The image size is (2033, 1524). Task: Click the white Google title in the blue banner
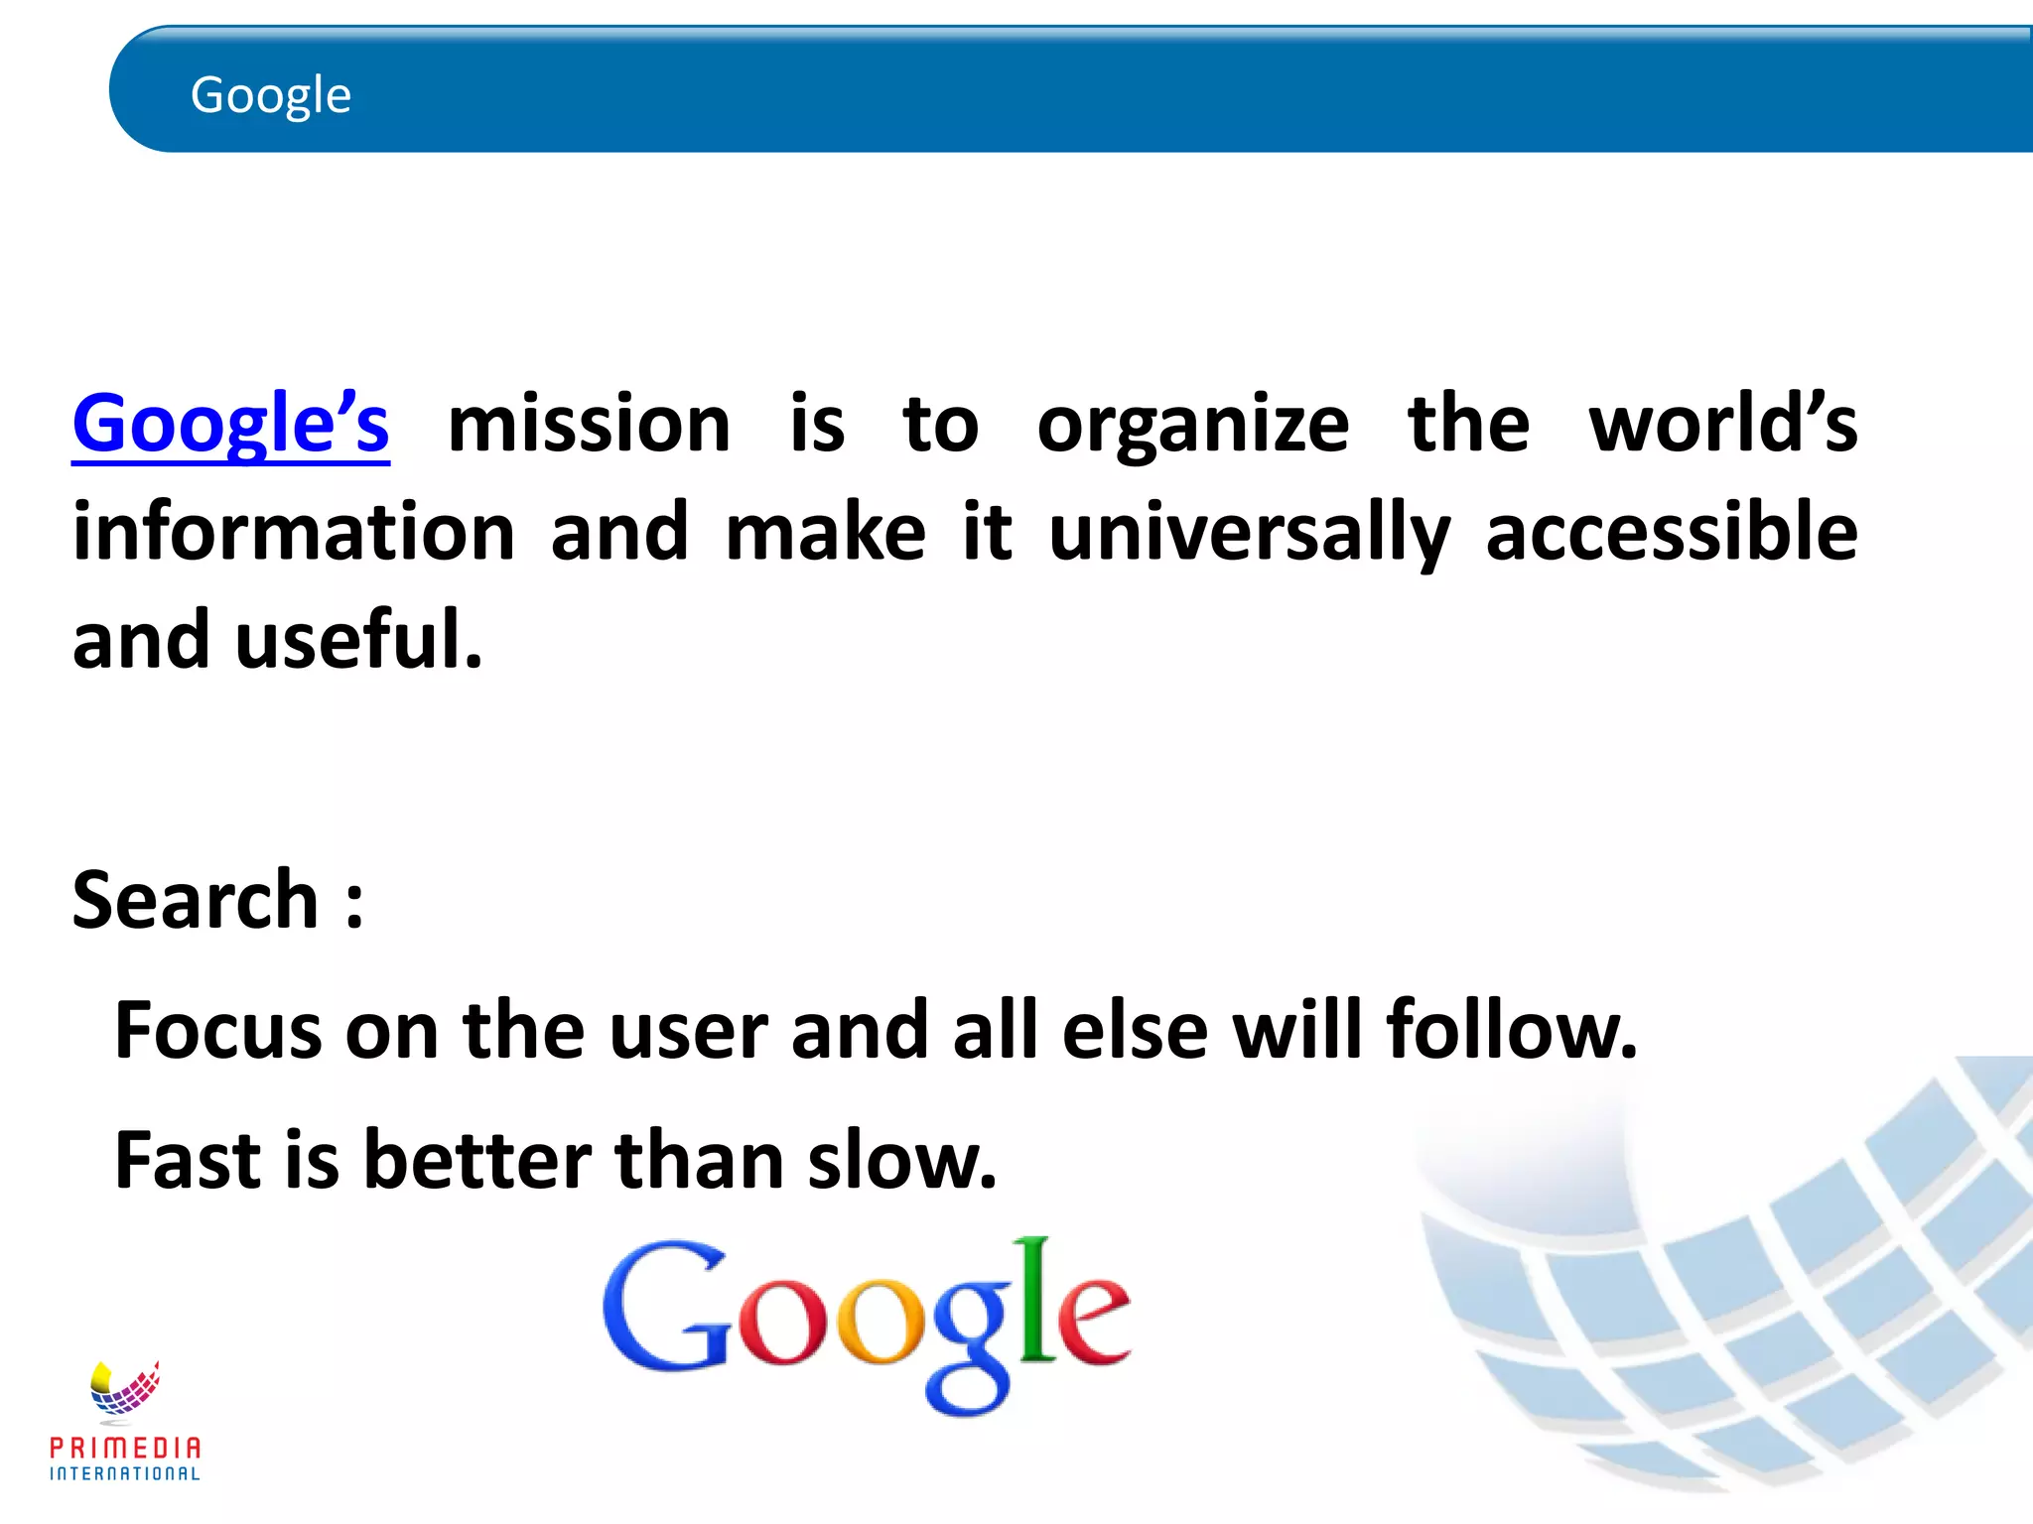270,95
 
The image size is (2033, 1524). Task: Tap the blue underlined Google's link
230,424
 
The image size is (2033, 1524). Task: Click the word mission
589,424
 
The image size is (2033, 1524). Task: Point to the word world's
1722,424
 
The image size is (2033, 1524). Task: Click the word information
294,532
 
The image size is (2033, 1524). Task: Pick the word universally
1249,534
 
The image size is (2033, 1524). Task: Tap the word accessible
1671,532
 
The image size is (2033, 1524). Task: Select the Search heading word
196,899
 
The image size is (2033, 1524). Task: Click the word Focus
218,1030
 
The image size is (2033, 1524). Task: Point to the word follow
1511,1030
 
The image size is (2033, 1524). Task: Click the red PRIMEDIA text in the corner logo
125,1448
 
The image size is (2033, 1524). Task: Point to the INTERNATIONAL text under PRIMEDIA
125,1473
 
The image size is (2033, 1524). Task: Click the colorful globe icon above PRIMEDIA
124,1387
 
